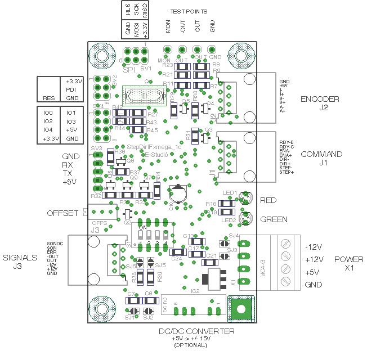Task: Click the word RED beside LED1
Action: point(268,200)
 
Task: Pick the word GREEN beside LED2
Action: point(274,219)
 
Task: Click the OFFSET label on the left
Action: point(62,214)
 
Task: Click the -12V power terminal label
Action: point(313,247)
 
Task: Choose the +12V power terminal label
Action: point(313,259)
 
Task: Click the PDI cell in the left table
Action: point(71,89)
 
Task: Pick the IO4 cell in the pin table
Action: point(48,129)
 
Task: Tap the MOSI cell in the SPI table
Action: point(136,29)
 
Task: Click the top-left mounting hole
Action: point(102,57)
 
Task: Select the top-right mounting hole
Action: point(243,57)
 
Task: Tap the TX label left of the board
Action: point(69,174)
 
